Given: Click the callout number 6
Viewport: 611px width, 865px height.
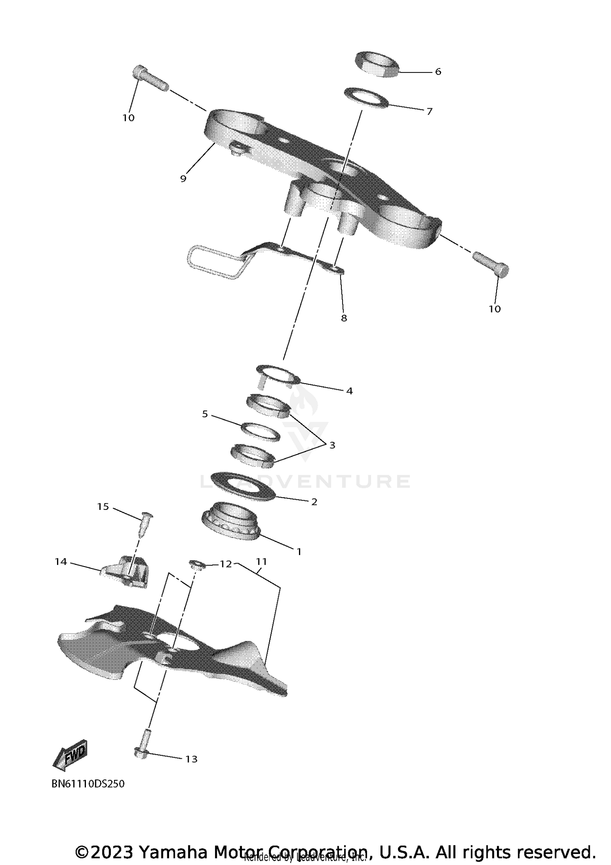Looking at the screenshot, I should pyautogui.click(x=438, y=72).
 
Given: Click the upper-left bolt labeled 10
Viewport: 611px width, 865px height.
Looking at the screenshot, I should pyautogui.click(x=150, y=78).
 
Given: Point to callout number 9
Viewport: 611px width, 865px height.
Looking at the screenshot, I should pyautogui.click(x=183, y=178).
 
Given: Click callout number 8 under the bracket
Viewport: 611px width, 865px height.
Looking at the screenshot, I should pyautogui.click(x=344, y=318).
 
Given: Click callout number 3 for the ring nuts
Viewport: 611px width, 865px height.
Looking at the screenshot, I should pyautogui.click(x=332, y=445).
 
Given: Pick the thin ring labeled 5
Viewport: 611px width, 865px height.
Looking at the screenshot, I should pyautogui.click(x=261, y=431).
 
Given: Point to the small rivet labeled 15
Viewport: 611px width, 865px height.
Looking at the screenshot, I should pyautogui.click(x=147, y=525).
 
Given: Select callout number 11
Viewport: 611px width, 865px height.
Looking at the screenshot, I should pyautogui.click(x=261, y=562).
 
